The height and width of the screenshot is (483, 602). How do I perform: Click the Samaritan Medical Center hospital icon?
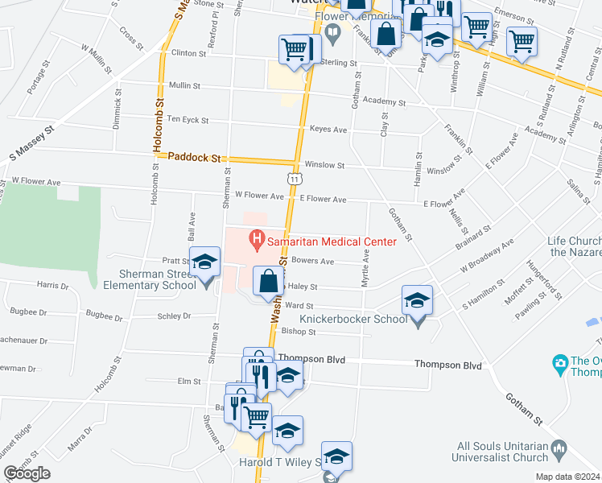coord(257,238)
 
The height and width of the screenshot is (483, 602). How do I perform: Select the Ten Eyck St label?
coord(188,120)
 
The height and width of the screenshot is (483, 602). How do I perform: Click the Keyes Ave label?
coord(328,129)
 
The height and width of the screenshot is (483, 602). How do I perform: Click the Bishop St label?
coord(298,331)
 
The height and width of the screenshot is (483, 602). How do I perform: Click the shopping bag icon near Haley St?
coord(268,280)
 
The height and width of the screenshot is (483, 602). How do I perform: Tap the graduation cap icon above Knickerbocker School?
coord(416,300)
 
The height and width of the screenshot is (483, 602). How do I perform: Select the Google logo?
coord(27,473)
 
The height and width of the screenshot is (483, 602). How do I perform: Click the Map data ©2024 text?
coord(567,477)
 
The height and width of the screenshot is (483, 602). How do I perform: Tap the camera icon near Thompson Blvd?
coord(560,364)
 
